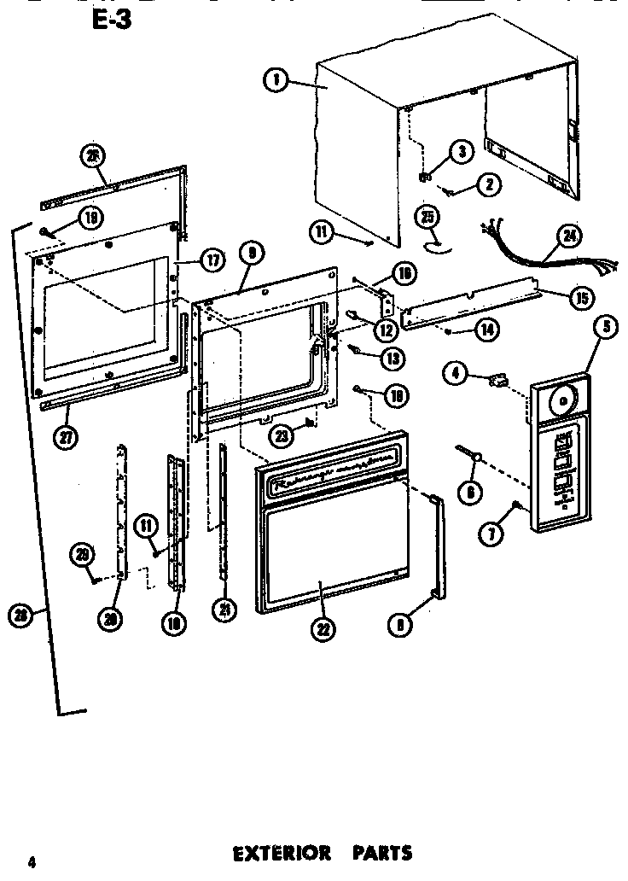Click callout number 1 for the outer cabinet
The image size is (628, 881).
tap(274, 81)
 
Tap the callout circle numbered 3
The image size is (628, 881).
tap(461, 153)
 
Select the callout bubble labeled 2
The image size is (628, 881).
tap(490, 184)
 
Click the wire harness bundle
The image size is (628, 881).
tap(520, 248)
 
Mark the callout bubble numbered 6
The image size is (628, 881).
tap(470, 490)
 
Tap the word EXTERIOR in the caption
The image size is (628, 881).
tap(270, 852)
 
